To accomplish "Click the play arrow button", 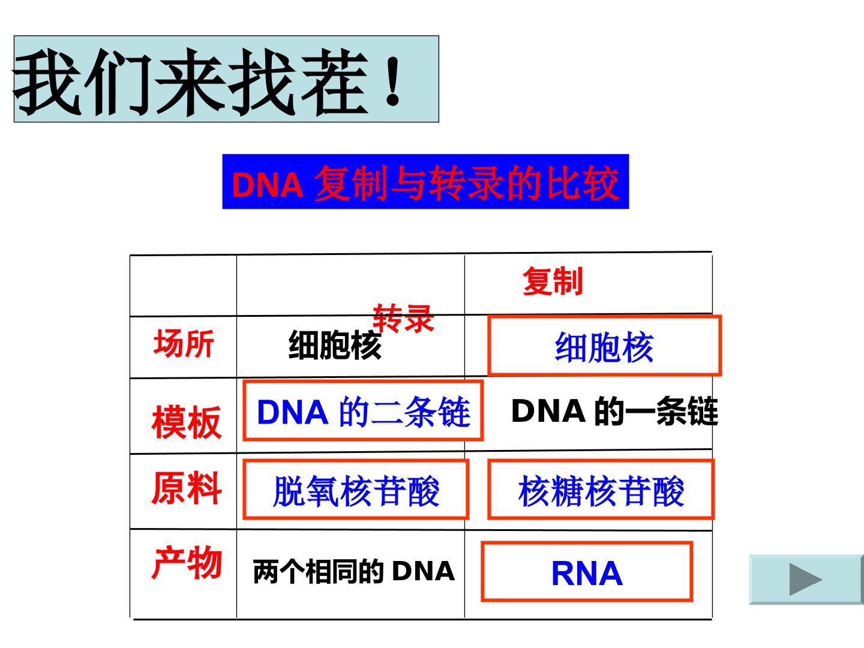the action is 806,579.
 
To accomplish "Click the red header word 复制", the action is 553,281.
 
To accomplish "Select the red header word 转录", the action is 403,318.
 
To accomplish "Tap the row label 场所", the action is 184,344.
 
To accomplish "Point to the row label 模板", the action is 187,422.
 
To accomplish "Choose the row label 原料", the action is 187,488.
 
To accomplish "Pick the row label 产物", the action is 187,563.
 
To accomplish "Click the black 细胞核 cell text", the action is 335,345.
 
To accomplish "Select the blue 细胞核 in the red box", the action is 604,347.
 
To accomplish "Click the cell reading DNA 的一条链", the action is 614,411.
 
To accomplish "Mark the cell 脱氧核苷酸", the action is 356,491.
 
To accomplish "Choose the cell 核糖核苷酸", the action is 601,491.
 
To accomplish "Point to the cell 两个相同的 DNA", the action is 354,571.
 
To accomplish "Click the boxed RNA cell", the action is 587,574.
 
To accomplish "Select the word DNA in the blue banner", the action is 268,185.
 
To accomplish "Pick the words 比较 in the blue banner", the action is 583,182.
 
